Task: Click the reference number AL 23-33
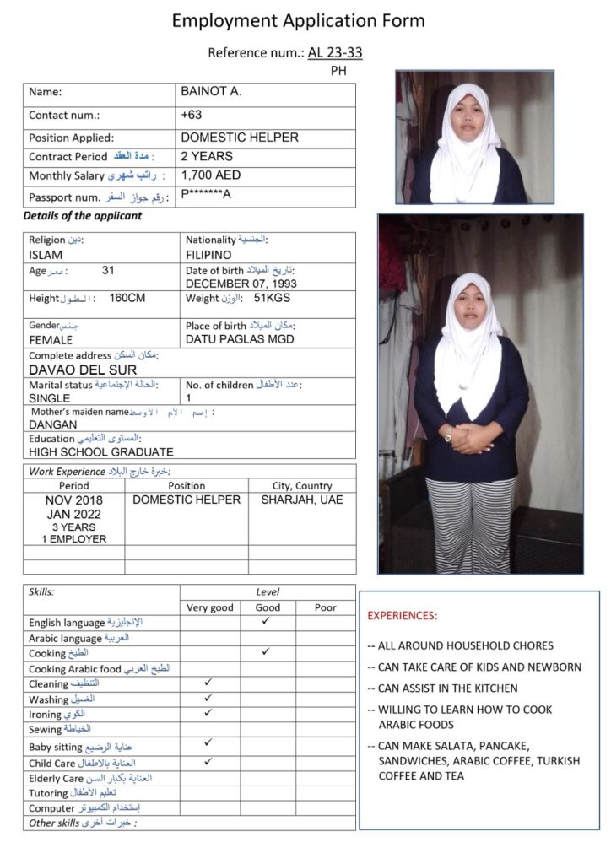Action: click(335, 53)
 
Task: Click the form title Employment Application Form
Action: click(299, 21)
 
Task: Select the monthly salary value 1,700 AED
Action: click(211, 175)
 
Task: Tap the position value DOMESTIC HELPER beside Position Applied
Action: click(240, 137)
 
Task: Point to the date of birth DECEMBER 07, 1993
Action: click(241, 284)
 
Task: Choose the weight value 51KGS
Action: click(272, 299)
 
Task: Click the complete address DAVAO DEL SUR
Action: click(83, 370)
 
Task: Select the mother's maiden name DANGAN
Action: click(52, 425)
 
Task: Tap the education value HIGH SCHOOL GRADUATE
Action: click(100, 452)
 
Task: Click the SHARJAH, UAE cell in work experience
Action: click(302, 499)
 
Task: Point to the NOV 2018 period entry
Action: click(73, 499)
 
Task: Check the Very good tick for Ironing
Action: click(208, 713)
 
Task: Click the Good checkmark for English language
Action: click(267, 621)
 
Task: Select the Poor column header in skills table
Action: click(325, 607)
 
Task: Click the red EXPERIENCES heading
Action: click(403, 616)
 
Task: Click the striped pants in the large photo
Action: click(469, 523)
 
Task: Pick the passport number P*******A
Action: click(206, 196)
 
